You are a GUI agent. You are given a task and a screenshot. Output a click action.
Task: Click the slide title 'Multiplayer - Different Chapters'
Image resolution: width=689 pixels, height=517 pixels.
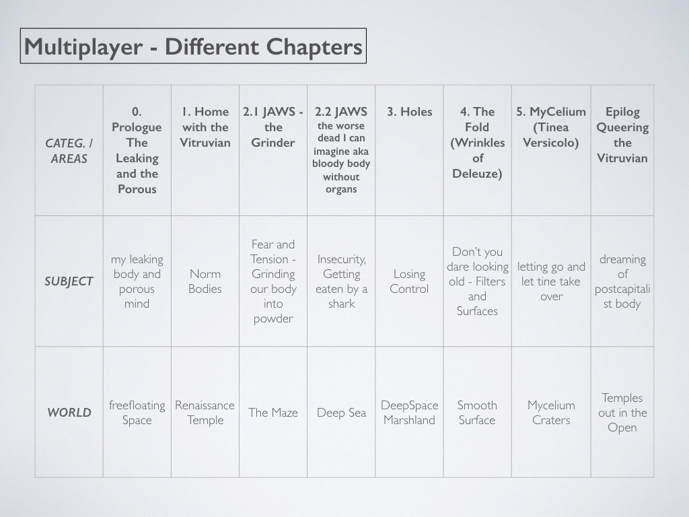click(x=193, y=46)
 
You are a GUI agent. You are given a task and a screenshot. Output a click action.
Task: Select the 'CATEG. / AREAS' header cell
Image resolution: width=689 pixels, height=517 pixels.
click(x=69, y=151)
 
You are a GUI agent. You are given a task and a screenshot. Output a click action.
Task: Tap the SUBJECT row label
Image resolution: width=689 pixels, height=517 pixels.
click(x=69, y=281)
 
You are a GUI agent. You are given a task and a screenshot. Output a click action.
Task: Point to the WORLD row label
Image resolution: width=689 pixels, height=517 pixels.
click(x=69, y=413)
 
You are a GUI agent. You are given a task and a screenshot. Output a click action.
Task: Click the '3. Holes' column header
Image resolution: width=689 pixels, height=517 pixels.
click(x=410, y=112)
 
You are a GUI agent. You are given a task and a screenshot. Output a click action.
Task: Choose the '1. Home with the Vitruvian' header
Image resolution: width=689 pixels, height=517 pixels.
click(x=205, y=127)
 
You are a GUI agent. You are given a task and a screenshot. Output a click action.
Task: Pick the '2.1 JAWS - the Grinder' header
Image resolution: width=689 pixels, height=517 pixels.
click(x=273, y=127)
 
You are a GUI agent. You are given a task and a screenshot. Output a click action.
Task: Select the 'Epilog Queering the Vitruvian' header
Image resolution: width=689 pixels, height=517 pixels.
click(x=622, y=135)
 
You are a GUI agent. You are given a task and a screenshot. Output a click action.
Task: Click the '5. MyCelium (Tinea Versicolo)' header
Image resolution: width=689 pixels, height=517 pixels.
click(x=551, y=127)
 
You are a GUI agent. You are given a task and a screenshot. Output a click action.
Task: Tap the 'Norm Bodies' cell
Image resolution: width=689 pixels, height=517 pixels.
click(x=205, y=281)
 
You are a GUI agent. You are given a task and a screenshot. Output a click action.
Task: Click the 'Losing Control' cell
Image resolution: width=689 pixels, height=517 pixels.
click(x=409, y=281)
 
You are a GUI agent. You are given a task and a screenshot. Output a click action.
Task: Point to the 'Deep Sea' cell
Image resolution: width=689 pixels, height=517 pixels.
click(x=341, y=413)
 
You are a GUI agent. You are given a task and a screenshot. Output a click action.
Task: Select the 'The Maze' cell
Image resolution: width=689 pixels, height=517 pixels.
click(x=273, y=413)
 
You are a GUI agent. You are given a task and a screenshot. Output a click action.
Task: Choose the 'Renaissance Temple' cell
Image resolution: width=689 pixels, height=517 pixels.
click(x=205, y=413)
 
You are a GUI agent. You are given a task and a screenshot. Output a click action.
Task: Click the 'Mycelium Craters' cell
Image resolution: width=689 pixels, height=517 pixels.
click(x=551, y=413)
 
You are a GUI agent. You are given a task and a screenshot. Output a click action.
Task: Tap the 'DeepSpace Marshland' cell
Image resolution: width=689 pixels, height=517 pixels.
click(x=410, y=413)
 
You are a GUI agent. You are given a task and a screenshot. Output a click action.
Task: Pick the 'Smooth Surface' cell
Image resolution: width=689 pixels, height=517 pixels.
click(x=477, y=413)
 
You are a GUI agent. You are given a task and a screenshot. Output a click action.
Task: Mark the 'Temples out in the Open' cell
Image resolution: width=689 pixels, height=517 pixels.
click(x=622, y=413)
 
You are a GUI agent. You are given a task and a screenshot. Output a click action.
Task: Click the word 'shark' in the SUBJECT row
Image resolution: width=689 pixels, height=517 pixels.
click(x=341, y=304)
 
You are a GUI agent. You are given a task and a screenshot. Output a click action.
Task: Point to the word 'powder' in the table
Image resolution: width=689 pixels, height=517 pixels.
click(x=273, y=318)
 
